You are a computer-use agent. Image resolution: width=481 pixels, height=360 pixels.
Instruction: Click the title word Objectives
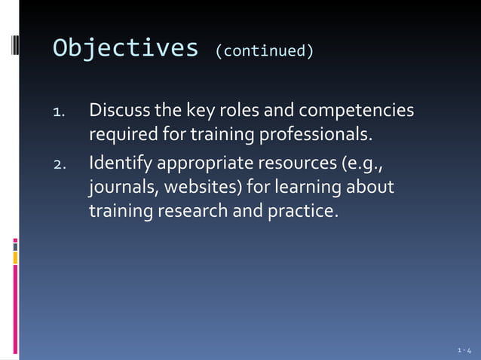(125, 48)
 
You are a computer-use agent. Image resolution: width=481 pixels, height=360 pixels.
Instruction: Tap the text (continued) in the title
(264, 51)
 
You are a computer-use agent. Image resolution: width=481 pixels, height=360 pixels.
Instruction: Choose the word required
(123, 136)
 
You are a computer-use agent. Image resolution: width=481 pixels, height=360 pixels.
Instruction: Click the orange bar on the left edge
(15, 258)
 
